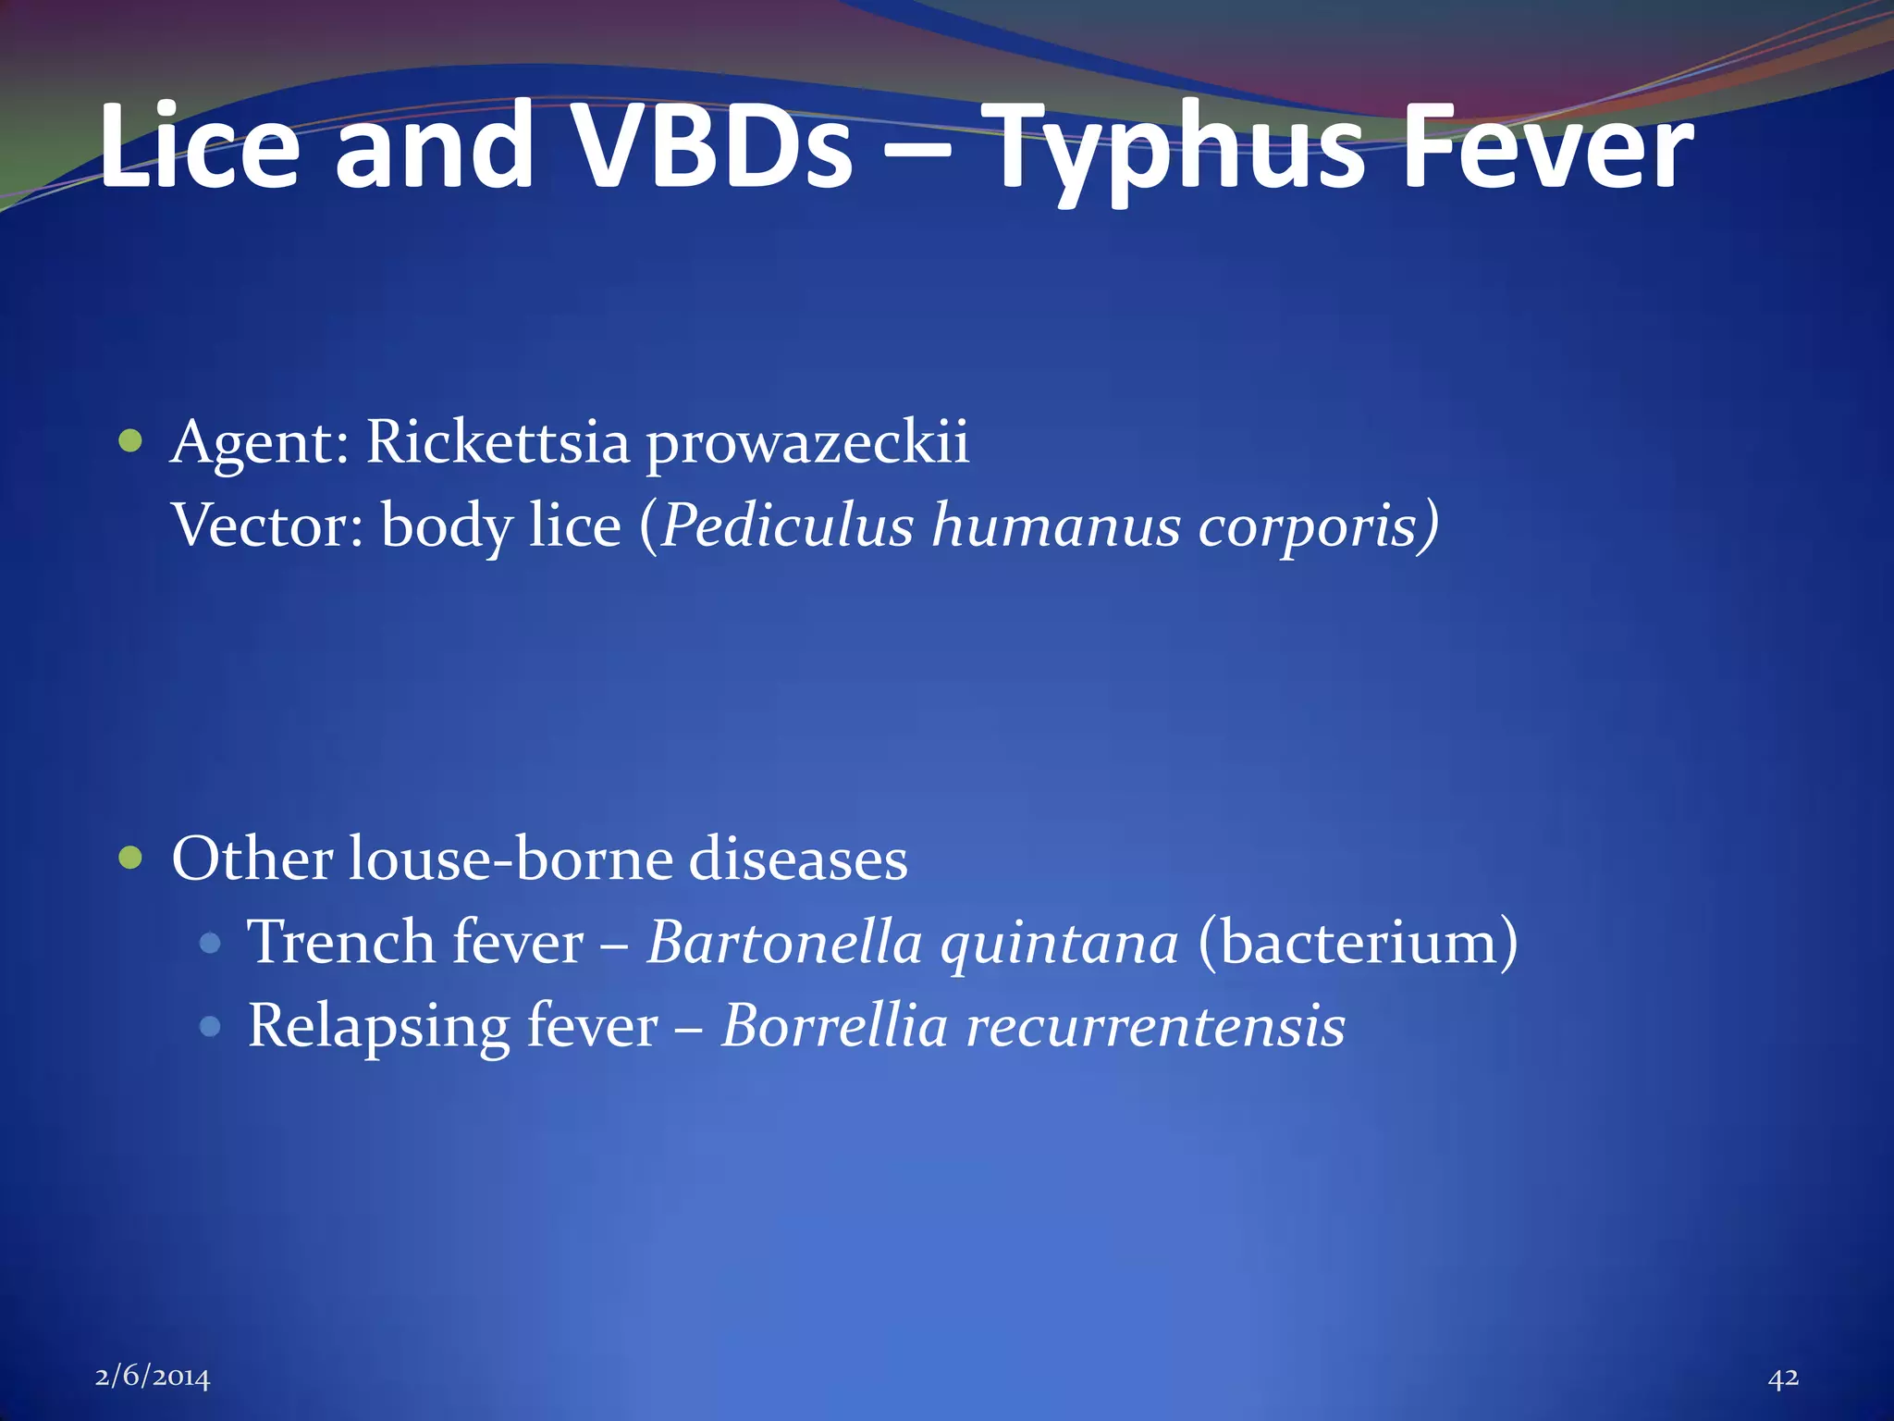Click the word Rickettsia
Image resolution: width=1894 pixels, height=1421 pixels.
click(x=498, y=441)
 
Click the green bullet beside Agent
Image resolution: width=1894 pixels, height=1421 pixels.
click(x=131, y=441)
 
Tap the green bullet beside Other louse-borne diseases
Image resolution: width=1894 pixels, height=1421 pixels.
click(x=131, y=859)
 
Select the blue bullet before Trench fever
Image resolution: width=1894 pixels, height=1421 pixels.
click(x=211, y=943)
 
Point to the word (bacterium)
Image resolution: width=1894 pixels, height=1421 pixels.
click(x=1357, y=943)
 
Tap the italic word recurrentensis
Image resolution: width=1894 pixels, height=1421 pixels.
click(x=1155, y=1027)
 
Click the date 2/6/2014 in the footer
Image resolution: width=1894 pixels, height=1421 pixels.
click(x=153, y=1378)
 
